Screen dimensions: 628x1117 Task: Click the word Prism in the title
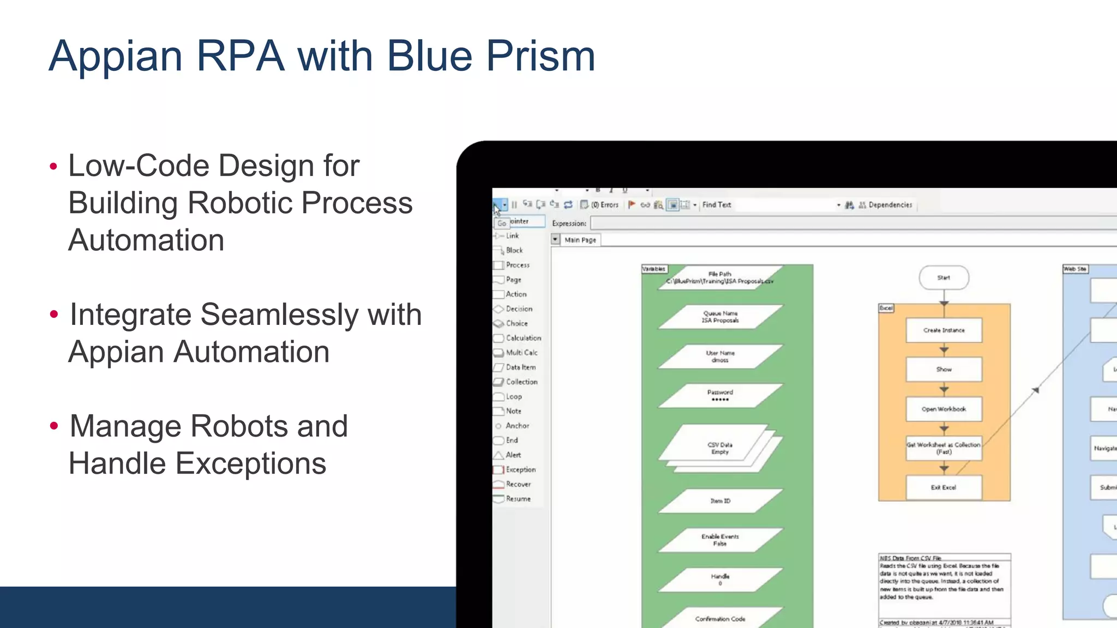click(x=540, y=56)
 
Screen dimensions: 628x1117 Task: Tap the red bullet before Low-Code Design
click(x=53, y=166)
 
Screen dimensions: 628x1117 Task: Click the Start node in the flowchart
click(x=944, y=278)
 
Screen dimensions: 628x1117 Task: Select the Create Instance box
click(x=944, y=330)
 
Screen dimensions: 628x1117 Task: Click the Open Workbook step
click(x=944, y=409)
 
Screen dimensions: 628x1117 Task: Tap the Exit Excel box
click(x=944, y=487)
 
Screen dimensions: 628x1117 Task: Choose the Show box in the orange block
click(x=944, y=370)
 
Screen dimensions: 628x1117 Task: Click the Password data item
click(x=720, y=396)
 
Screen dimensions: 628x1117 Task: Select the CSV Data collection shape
click(x=720, y=448)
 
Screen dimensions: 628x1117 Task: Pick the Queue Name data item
click(x=720, y=317)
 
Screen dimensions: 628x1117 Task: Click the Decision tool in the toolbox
click(x=518, y=309)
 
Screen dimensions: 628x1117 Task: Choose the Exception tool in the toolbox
click(x=520, y=469)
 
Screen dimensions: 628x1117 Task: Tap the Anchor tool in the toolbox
click(x=517, y=426)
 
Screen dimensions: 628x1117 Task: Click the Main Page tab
click(x=580, y=240)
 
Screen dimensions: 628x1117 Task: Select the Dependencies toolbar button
click(x=889, y=205)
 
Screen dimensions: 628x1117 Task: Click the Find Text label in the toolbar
click(x=716, y=205)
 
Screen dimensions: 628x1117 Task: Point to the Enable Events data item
click(x=720, y=540)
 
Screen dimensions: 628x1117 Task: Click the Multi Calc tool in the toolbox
click(x=521, y=353)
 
